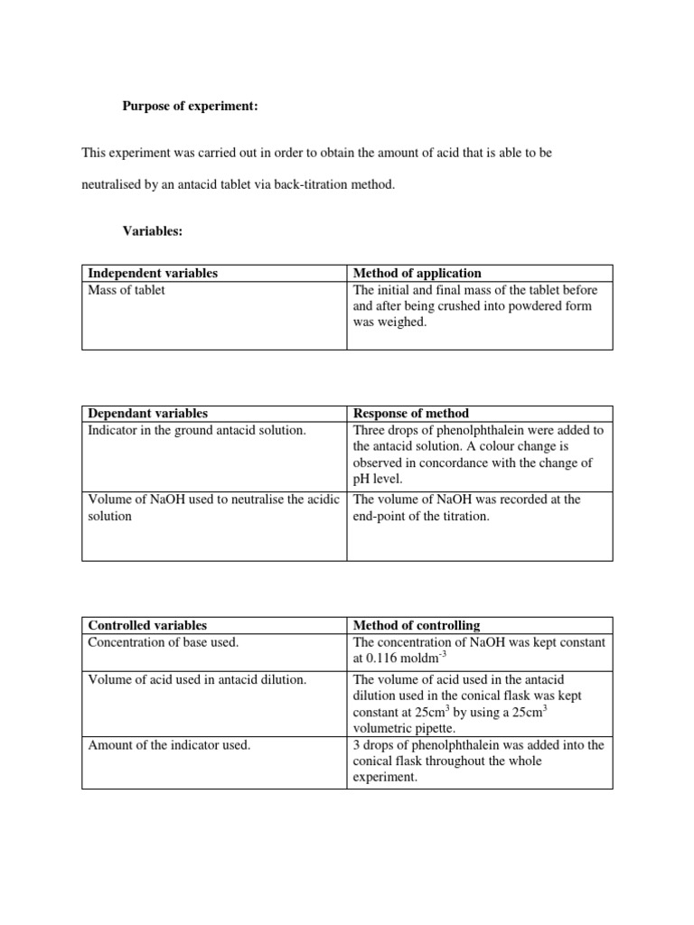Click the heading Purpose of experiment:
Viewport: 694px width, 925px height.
pos(191,107)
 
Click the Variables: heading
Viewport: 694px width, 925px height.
pos(153,231)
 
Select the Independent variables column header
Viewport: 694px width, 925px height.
pos(153,273)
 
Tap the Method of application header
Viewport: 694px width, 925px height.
pos(417,273)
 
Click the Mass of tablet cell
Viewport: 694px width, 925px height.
pos(127,290)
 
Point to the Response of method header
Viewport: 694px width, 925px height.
pos(411,413)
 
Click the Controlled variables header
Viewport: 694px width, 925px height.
pos(147,625)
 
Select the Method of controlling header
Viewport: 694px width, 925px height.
pos(417,625)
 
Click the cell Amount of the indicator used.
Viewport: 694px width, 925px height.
pos(169,744)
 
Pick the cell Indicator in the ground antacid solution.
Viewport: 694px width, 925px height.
pos(196,430)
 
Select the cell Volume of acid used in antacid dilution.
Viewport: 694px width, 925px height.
pos(197,679)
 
